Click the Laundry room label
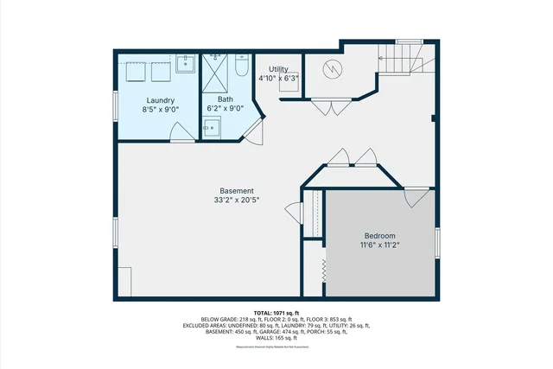[160, 99]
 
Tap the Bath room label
[225, 99]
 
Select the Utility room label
[278, 68]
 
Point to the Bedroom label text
[379, 236]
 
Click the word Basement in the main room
[236, 191]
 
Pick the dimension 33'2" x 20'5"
[236, 200]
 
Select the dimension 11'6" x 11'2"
[379, 245]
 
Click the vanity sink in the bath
[212, 129]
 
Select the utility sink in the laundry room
[186, 63]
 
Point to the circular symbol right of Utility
[334, 68]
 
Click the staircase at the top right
[403, 60]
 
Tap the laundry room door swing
[182, 132]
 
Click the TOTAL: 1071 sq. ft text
[276, 312]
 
